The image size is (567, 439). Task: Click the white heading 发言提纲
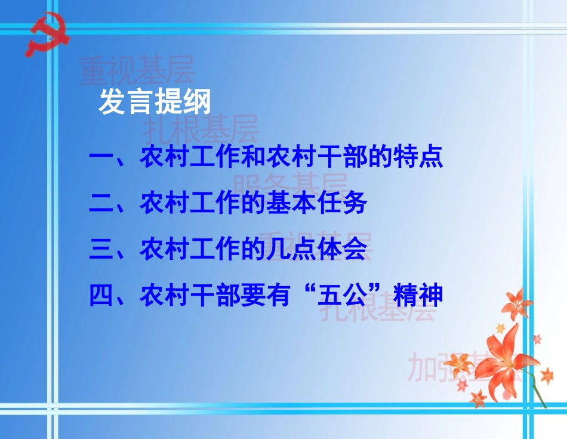coord(155,102)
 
